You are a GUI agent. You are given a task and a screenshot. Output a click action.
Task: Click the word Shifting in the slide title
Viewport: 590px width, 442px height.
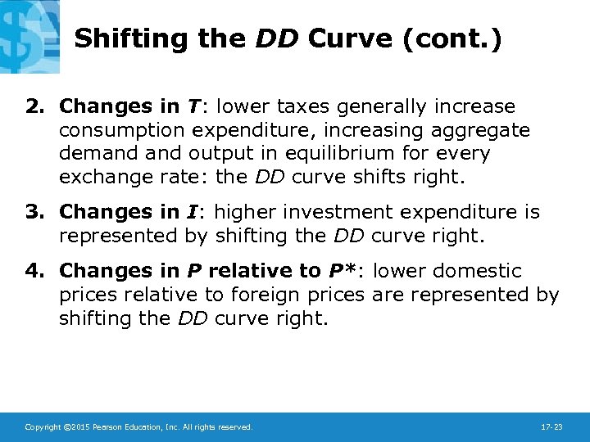pos(122,39)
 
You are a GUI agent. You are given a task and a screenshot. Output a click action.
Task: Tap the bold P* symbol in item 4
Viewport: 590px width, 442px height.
pos(339,270)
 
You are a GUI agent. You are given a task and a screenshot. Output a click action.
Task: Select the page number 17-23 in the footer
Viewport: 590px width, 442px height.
pos(552,427)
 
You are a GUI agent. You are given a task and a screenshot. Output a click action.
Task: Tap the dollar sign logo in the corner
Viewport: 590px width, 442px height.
pos(29,34)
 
